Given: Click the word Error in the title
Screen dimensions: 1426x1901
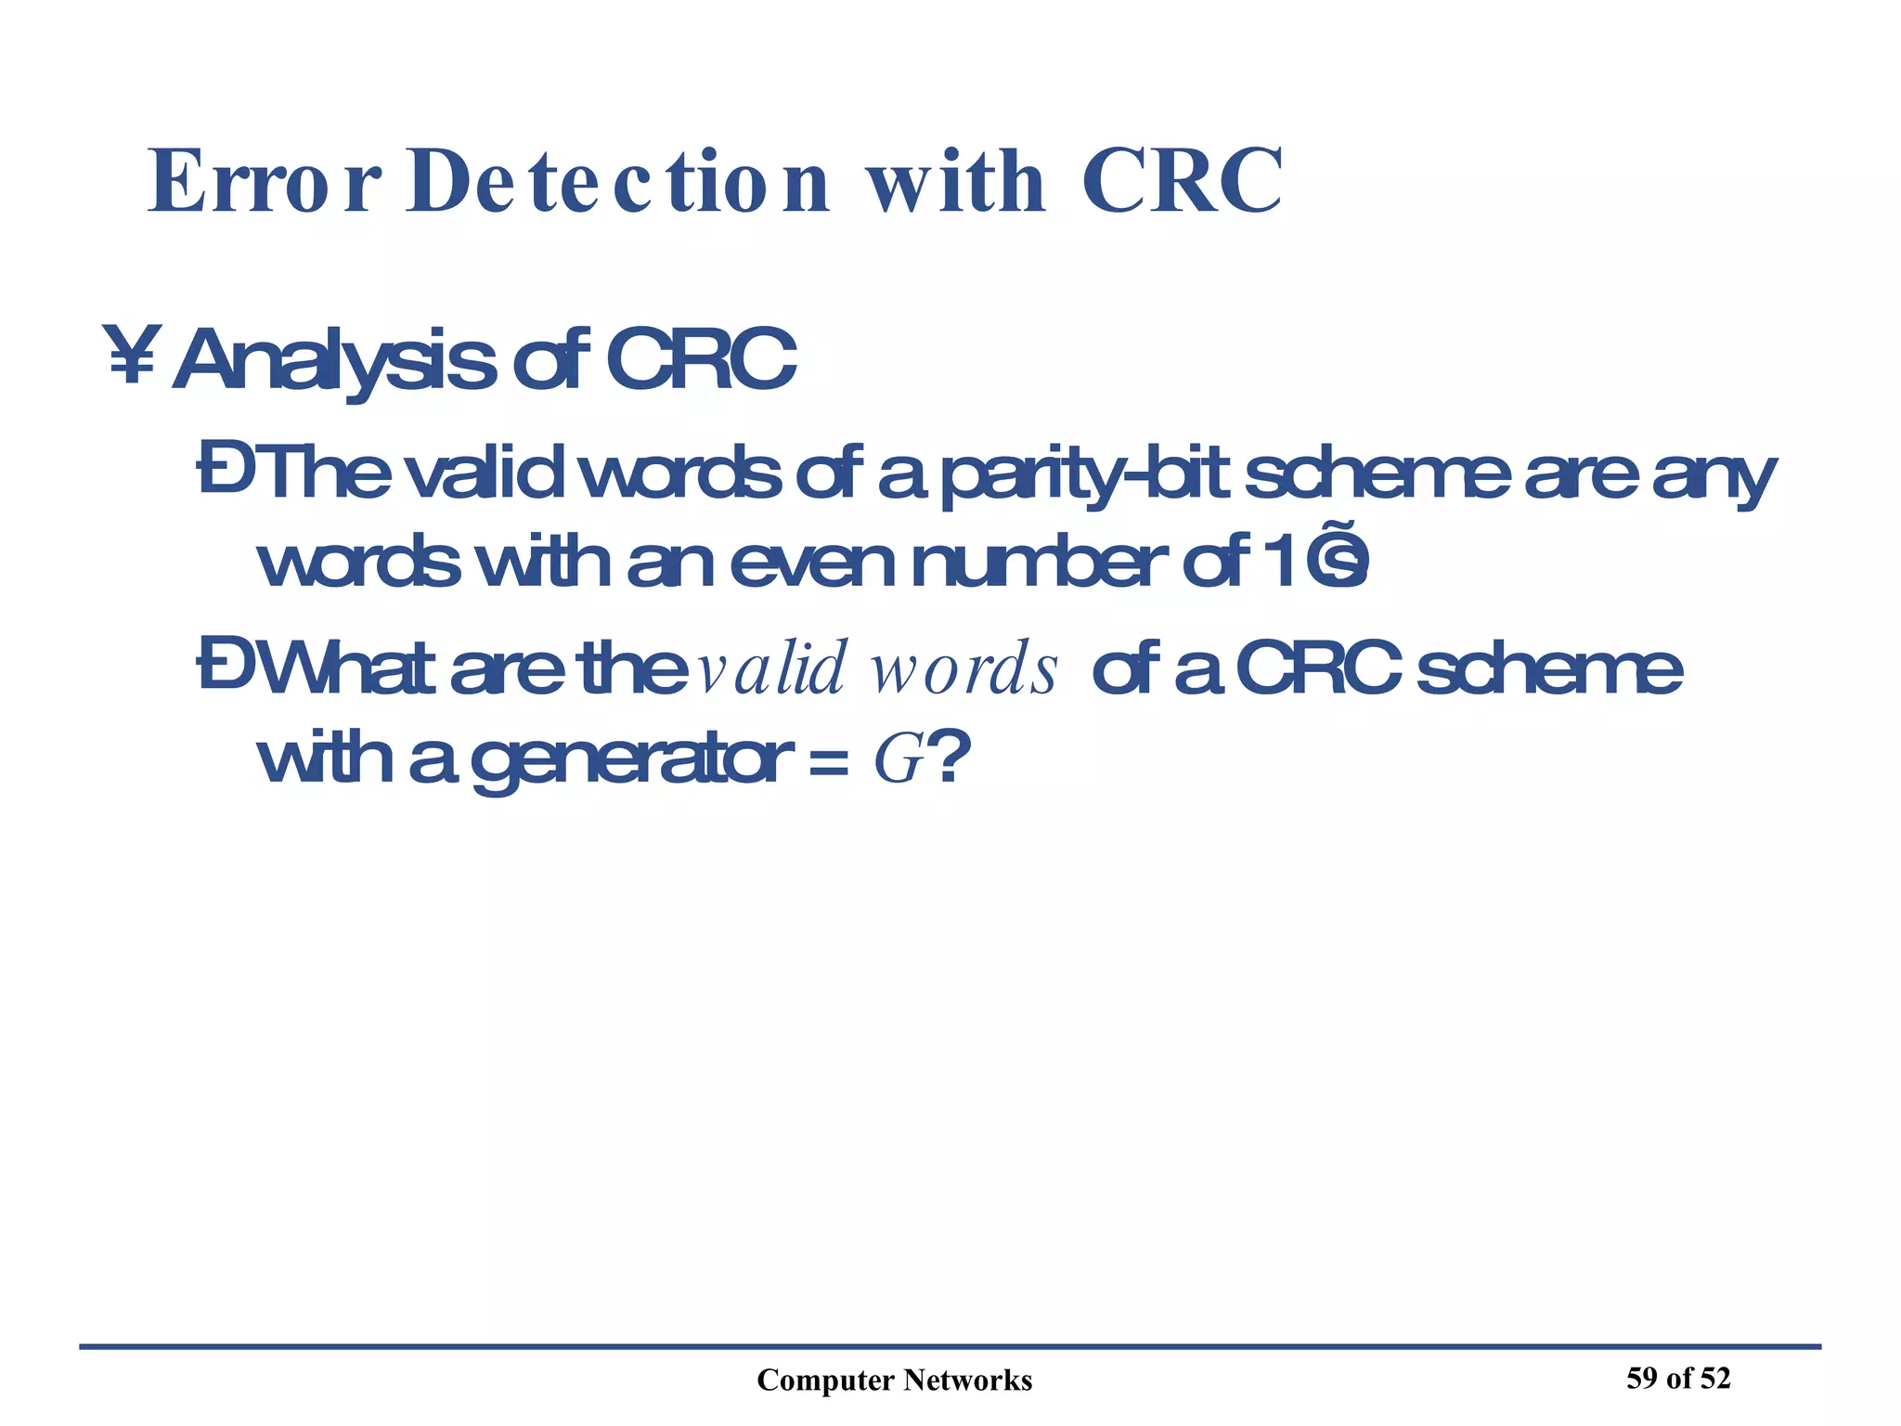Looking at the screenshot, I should [x=264, y=181].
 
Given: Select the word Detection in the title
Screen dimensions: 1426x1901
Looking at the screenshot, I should [x=617, y=181].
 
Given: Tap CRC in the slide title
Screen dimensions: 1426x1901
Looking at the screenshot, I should [x=1182, y=181].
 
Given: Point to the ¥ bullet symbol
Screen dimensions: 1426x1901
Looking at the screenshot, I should [x=130, y=355].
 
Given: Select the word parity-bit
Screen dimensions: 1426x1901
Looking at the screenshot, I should [x=1085, y=476].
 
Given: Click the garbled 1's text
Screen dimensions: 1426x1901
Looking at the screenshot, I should [x=1317, y=563].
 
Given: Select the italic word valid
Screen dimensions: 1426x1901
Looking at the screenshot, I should [x=771, y=668].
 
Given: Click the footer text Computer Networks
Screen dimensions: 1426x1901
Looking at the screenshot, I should [x=894, y=1381].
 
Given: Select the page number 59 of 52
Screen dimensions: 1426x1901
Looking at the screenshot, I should [x=1678, y=1378].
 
